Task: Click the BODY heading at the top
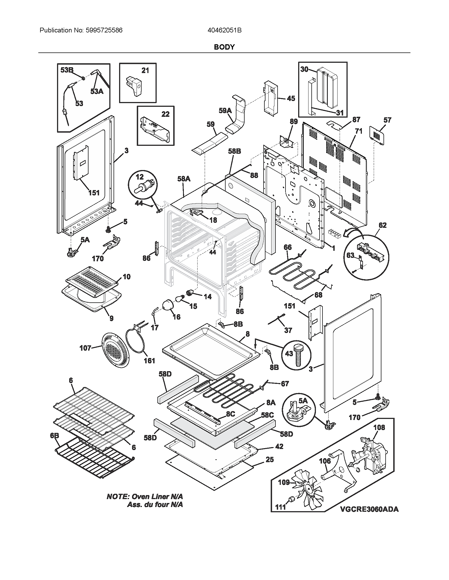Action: pyautogui.click(x=224, y=47)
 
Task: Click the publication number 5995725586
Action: pyautogui.click(x=104, y=30)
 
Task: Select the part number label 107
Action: pyautogui.click(x=85, y=348)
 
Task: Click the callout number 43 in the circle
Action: pyautogui.click(x=289, y=354)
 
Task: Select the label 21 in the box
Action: pyautogui.click(x=145, y=71)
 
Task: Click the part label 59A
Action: pyautogui.click(x=225, y=110)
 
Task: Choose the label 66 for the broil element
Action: pyautogui.click(x=288, y=247)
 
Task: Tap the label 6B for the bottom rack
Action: pyautogui.click(x=54, y=436)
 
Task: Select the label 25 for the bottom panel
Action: pyautogui.click(x=269, y=460)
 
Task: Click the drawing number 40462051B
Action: pyautogui.click(x=224, y=30)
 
